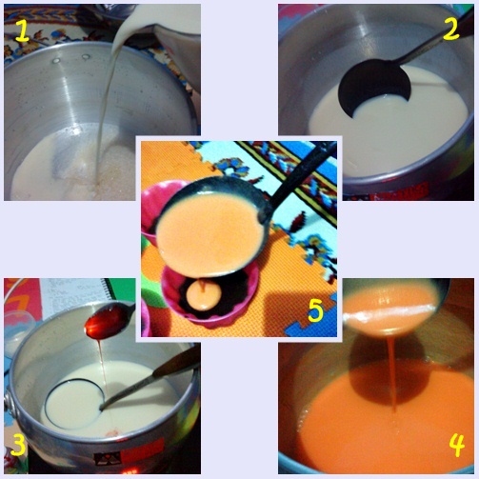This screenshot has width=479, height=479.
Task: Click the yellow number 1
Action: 22,30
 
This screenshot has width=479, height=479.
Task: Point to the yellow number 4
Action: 456,444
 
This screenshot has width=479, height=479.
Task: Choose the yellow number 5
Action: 315,309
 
